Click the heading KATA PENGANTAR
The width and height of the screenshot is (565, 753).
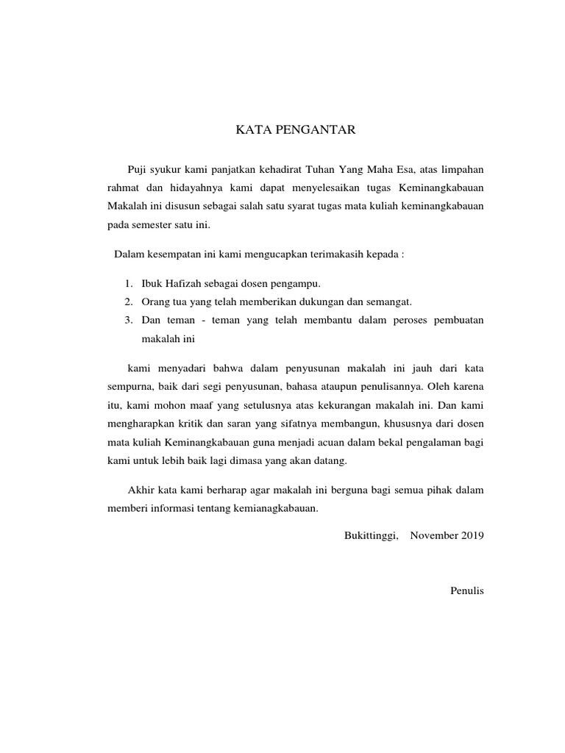coord(295,131)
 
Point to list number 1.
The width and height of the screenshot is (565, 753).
coord(127,283)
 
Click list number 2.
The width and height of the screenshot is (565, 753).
coord(127,301)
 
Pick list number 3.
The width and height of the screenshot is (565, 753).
coord(127,320)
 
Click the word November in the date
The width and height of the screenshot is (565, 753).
coord(434,535)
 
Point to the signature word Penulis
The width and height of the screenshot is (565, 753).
coord(467,590)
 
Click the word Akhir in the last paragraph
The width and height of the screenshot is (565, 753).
coord(141,489)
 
